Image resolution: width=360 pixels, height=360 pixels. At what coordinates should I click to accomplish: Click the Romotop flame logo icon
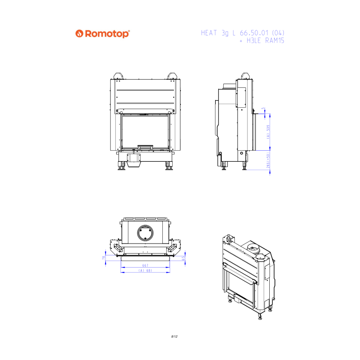pos(79,34)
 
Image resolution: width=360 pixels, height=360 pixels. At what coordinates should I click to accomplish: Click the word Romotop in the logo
pos(107,34)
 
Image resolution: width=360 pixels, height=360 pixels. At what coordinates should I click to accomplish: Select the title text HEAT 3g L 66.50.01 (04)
pos(242,33)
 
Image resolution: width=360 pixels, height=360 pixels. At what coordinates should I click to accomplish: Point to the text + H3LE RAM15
pos(262,41)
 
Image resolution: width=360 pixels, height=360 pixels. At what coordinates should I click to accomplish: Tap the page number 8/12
pos(174,337)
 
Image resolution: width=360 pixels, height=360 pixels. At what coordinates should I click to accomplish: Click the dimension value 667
pos(145,265)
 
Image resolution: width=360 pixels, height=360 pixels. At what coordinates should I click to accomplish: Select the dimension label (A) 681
pos(145,271)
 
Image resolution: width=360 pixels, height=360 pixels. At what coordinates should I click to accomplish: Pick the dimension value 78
pos(104,258)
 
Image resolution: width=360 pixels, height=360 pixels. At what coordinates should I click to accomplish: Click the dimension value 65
pos(183,258)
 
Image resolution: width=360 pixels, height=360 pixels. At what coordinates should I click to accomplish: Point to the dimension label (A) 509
pos(268,132)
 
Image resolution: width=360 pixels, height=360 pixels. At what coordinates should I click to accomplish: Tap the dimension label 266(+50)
pos(268,160)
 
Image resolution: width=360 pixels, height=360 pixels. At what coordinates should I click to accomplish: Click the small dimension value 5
pos(263,108)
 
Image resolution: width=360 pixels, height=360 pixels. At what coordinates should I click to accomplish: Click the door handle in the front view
pos(145,147)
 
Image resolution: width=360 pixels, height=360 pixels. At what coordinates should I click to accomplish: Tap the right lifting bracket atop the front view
pos(172,76)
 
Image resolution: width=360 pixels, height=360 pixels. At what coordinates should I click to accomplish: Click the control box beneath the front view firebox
pos(133,158)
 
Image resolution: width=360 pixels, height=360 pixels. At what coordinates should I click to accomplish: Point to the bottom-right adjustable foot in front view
pos(169,166)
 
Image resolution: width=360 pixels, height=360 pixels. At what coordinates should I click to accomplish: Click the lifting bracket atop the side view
pos(246,76)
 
